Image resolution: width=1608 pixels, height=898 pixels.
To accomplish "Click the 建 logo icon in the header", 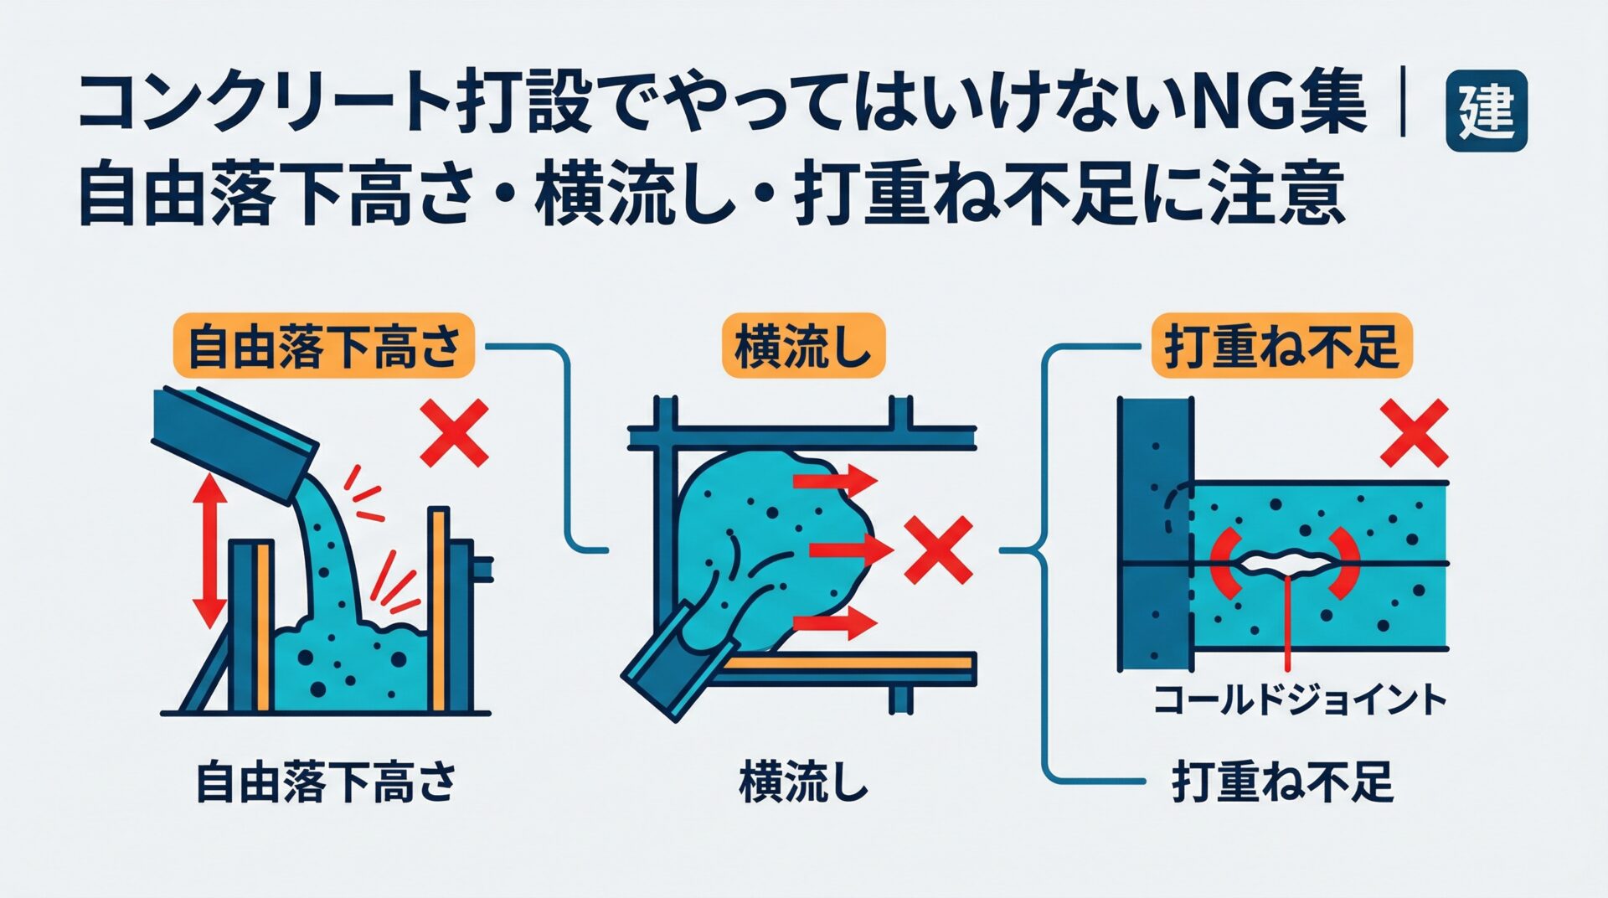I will pos(1487,111).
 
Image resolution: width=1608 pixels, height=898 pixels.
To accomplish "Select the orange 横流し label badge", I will pos(802,346).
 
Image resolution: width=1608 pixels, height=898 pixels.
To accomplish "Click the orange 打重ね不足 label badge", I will pos(1281,346).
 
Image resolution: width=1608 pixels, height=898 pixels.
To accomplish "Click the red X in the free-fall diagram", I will pos(454,432).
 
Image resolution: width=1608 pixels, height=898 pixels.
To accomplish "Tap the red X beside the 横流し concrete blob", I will pos(939,550).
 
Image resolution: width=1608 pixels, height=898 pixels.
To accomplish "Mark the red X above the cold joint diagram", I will pos(1414,432).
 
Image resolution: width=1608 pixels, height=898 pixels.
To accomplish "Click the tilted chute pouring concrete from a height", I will pos(234,444).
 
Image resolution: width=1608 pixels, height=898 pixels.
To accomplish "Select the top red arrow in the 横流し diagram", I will pos(834,481).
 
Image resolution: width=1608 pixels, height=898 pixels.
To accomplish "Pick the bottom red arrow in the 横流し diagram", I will pos(834,622).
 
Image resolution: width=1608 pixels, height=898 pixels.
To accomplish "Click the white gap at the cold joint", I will pos(1281,562).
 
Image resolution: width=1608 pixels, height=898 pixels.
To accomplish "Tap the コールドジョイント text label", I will pos(1299,700).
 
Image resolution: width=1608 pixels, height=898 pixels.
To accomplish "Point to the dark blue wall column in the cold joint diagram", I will pos(1154,536).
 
